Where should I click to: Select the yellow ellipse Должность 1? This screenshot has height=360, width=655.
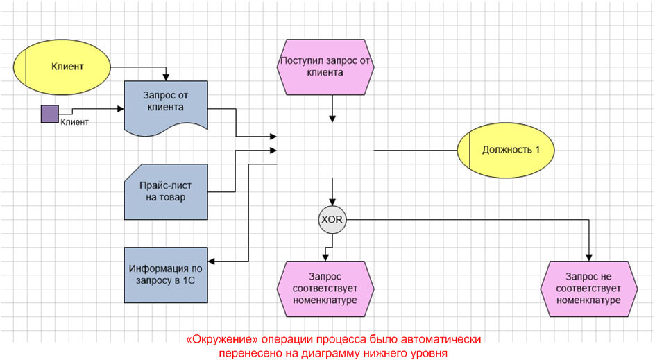(506, 150)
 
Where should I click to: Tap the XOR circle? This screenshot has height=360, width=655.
(332, 220)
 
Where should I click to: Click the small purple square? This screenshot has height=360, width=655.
(49, 114)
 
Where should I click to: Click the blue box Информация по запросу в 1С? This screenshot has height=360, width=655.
(166, 275)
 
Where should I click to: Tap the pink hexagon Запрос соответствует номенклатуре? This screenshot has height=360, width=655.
(326, 287)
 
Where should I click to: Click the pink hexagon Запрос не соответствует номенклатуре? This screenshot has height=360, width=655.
(590, 287)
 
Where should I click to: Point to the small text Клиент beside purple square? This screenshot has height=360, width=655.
(75, 122)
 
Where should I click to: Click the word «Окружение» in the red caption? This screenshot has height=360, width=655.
(219, 340)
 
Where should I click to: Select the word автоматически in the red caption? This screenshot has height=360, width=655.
(442, 340)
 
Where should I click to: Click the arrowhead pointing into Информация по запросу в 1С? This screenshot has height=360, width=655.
(212, 262)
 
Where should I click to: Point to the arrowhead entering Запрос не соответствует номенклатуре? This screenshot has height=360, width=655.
(590, 257)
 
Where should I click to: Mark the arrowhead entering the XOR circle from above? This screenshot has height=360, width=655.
(332, 203)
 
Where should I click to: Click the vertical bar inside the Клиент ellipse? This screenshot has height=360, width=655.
(26, 67)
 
